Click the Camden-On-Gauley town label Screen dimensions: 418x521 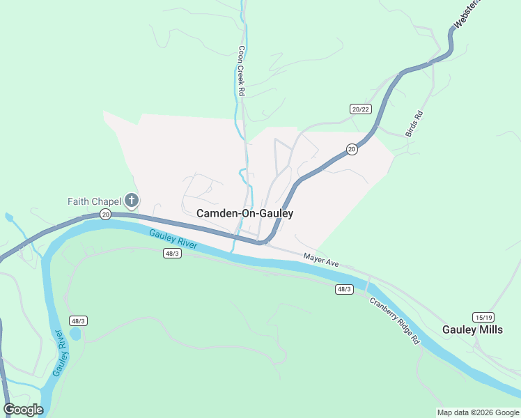[244, 214]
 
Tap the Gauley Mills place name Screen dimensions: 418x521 [472, 330]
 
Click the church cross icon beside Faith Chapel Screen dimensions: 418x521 [131, 201]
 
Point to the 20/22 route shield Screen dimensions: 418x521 [360, 109]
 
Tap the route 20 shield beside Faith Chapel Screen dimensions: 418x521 [104, 213]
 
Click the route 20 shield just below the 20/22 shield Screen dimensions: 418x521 [352, 149]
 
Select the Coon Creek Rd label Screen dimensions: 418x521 [241, 71]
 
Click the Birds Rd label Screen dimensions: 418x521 [414, 123]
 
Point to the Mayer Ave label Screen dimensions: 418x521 [320, 261]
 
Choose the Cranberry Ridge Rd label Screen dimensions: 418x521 [394, 321]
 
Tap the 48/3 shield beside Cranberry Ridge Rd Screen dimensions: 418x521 [343, 289]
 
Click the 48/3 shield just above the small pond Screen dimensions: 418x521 [78, 320]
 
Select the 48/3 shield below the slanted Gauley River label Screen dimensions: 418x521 [173, 253]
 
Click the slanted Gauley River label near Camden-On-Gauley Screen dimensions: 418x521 [174, 239]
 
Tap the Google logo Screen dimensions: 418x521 [23, 410]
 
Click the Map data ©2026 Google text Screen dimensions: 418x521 [478, 412]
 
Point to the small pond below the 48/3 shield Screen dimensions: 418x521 [75, 334]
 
